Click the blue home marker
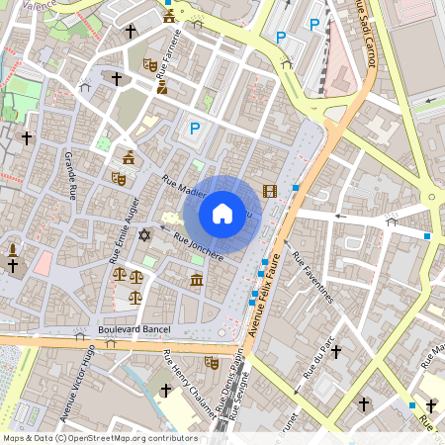222,213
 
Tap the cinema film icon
270,190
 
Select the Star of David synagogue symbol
145,235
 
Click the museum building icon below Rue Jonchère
196,281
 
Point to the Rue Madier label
183,185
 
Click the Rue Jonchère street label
198,246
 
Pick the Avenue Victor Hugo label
81,381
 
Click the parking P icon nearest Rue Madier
195,128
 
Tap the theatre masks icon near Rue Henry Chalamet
210,362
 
